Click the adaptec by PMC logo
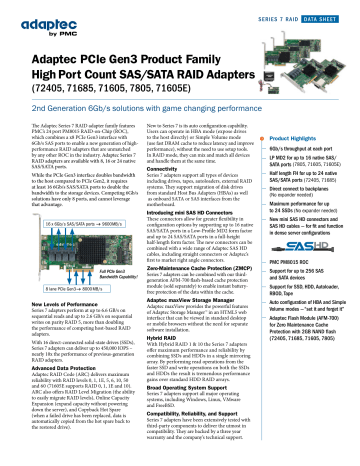[41, 22]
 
